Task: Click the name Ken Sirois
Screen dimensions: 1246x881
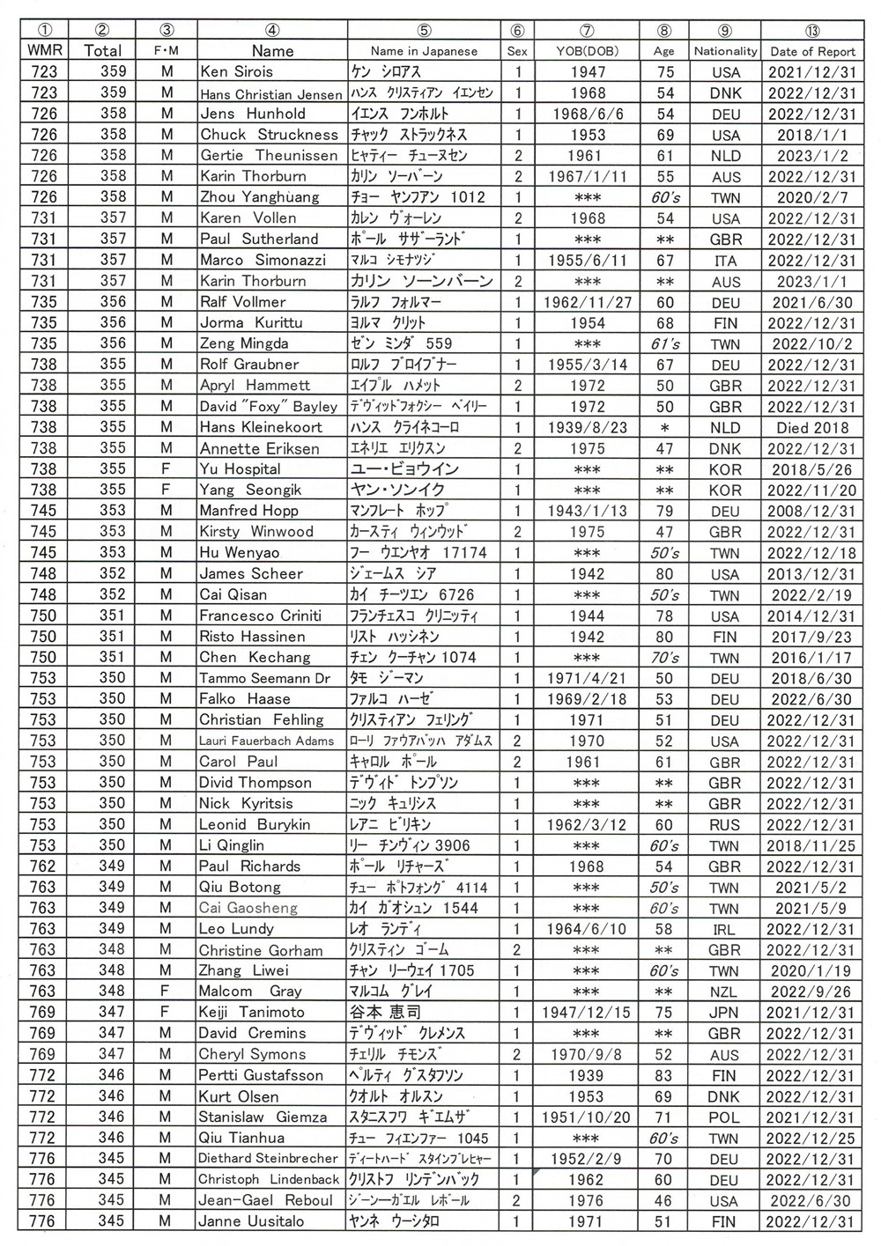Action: [236, 72]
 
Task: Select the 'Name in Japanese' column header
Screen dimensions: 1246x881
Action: [424, 51]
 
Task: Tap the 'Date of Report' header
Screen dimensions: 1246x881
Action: [811, 51]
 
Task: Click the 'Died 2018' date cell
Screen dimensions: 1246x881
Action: [811, 428]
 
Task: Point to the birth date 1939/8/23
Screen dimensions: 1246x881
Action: [587, 428]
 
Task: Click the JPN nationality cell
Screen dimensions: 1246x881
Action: [724, 1013]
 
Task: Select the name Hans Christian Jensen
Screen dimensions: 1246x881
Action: [270, 93]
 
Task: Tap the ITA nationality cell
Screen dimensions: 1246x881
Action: [725, 261]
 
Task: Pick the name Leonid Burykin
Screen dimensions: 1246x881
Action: [255, 825]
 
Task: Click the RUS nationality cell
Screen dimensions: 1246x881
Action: [725, 825]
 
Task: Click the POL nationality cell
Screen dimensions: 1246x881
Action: [725, 1117]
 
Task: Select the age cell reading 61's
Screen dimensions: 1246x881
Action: [664, 344]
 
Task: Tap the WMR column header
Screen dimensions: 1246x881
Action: [44, 51]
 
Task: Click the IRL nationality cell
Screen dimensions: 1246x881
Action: [725, 929]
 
